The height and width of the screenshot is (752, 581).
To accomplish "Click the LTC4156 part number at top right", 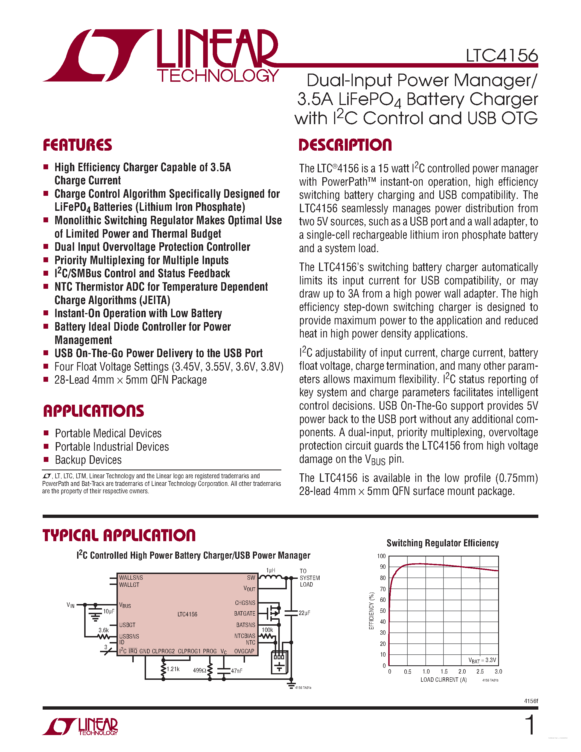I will [501, 56].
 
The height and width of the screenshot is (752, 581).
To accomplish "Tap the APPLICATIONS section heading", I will [93, 411].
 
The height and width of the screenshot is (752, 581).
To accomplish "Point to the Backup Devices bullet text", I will [88, 460].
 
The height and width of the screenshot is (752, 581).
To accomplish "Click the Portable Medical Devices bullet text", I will [108, 433].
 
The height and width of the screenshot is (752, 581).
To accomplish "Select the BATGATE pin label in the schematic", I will [244, 614].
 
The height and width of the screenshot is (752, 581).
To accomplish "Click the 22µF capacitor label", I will [304, 613].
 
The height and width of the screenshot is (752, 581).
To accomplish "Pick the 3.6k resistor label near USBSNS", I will [103, 630].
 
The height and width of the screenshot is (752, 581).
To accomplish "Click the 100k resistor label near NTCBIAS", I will [267, 630].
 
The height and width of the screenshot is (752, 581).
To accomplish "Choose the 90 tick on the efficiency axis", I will [383, 567].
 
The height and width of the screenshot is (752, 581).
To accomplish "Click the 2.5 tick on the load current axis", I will [480, 671].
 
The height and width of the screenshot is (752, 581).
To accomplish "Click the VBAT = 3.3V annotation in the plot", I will [482, 660].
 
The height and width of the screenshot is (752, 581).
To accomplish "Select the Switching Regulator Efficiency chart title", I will [442, 543].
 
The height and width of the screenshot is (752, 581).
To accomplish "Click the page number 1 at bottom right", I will [530, 725].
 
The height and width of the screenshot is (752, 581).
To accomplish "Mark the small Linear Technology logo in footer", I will [80, 727].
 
